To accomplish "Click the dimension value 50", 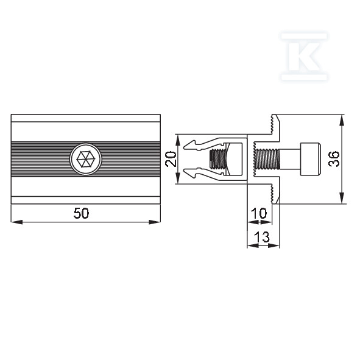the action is tap(81, 213).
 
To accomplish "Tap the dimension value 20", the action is tap(171, 158).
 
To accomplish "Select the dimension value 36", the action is tap(334, 158).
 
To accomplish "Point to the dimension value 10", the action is tap(259, 213).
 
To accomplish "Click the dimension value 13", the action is tap(262, 237).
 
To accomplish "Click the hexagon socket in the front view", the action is tap(86, 159).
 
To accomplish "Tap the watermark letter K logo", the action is tap(304, 57).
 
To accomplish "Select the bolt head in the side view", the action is tap(311, 159).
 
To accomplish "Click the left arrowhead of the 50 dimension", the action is tap(17, 222).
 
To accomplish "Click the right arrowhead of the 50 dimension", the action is tap(155, 222).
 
